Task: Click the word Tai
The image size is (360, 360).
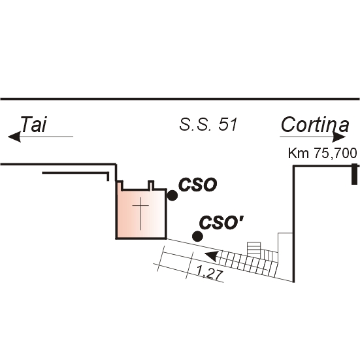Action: pos(33,124)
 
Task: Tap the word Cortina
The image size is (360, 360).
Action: pos(315,125)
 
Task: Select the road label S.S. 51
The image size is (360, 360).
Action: pos(208,125)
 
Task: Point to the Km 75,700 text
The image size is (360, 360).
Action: pos(322,153)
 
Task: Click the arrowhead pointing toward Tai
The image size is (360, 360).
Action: pos(14,137)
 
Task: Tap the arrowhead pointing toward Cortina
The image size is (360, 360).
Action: pos(339,137)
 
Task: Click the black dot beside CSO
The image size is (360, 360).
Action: pos(172,195)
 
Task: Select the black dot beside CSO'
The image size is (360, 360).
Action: pos(197,237)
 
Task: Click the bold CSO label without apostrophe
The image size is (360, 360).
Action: pos(198,185)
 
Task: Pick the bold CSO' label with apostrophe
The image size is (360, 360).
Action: pos(221,223)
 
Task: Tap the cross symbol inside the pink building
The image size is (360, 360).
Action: pos(140,214)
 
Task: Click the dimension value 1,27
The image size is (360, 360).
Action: pos(210,274)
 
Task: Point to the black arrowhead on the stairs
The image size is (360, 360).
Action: pos(211,256)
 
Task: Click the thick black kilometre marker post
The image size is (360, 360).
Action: pos(355,174)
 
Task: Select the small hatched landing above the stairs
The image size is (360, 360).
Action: pos(254,248)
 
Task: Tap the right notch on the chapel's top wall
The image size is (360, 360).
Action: pos(151,185)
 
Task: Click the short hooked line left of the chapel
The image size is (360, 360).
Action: pos(76,173)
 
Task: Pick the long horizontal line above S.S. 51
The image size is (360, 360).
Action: pos(180,99)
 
